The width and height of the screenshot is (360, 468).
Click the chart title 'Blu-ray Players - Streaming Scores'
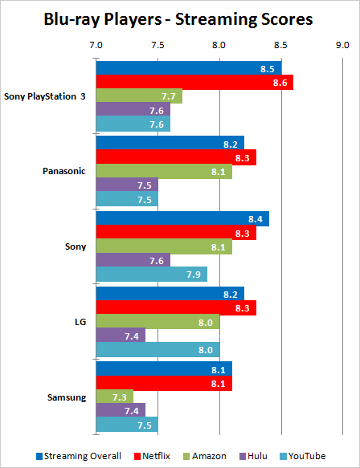[178, 19]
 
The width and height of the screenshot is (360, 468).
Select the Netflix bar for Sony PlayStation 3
[194, 83]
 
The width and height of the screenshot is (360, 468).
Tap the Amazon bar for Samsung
[115, 397]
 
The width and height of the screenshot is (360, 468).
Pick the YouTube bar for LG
[158, 349]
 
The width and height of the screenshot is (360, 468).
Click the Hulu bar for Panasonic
[127, 185]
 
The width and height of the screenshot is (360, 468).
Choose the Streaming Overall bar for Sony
[183, 219]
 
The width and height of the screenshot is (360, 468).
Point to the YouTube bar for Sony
[152, 274]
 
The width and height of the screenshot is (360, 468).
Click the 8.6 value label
[280, 83]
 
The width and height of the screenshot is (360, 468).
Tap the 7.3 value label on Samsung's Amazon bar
[120, 397]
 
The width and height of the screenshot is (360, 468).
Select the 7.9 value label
[194, 275]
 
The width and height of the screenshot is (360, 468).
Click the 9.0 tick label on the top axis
[342, 45]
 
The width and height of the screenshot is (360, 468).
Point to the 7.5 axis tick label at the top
[157, 45]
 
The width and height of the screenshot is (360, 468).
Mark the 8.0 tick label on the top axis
[219, 45]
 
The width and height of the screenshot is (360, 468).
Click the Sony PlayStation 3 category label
[45, 96]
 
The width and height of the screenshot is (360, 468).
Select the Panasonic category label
[64, 171]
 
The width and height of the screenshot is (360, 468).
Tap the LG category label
[80, 322]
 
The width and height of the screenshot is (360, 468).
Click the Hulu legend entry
[253, 456]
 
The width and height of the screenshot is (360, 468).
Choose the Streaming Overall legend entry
[79, 456]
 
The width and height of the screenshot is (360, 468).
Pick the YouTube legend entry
[303, 456]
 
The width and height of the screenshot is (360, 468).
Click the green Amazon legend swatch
[186, 456]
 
